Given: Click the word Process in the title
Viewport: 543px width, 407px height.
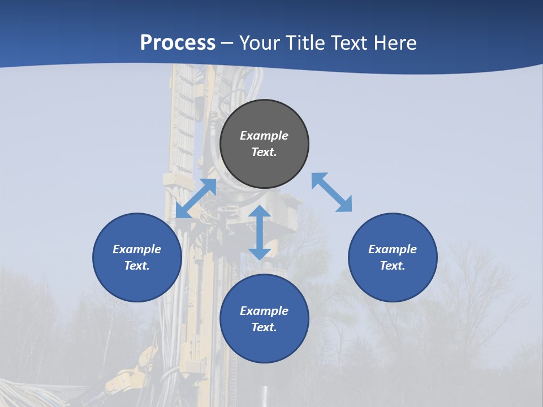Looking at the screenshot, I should point(178,43).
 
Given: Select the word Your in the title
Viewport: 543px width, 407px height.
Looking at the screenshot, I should point(260,43).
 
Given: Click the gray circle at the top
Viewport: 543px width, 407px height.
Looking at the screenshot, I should point(264,170).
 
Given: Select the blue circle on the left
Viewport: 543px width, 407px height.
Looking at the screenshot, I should point(137,283).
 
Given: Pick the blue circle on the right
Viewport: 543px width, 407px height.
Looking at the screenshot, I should point(393,283).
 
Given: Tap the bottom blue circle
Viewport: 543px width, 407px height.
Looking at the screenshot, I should point(264,345).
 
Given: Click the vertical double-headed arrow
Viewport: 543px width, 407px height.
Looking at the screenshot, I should point(260,232).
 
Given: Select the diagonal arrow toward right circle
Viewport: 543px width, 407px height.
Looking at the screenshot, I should point(331,192).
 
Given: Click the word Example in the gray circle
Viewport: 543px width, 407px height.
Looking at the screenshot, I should point(264,136).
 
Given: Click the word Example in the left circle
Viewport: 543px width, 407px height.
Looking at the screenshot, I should point(137,249).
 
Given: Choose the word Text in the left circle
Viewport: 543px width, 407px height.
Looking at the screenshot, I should point(137,266).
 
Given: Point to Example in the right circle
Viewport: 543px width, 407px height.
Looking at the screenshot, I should point(393,249).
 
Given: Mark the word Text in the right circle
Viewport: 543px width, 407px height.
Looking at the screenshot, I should point(393,266).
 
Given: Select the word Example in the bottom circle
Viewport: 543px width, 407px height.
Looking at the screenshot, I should point(264,311).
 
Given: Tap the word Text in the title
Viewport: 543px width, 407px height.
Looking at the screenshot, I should point(350,43).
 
